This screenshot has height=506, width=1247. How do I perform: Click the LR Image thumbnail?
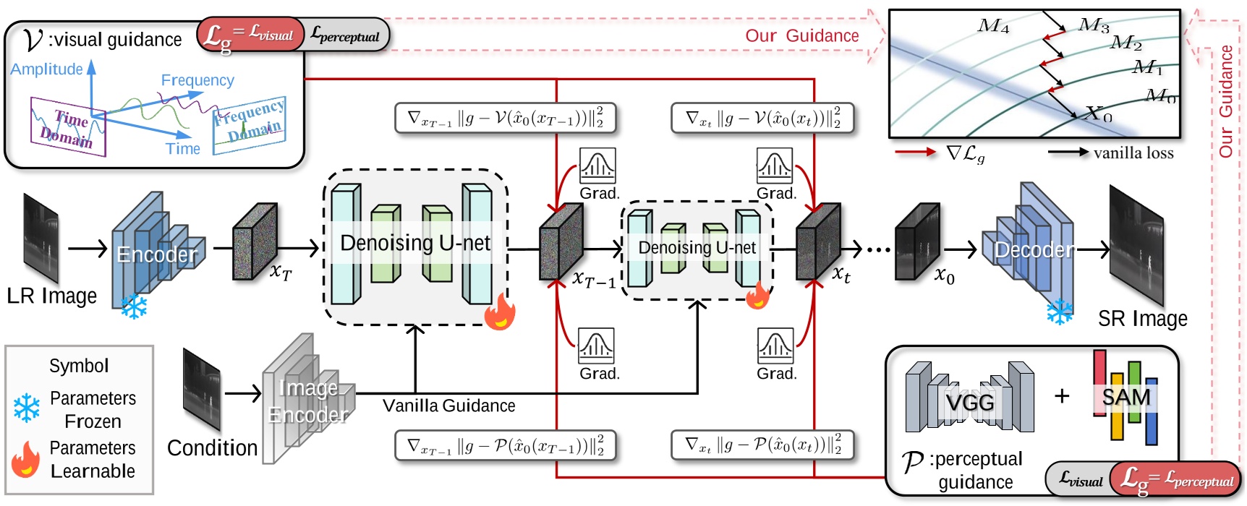[x=41, y=238]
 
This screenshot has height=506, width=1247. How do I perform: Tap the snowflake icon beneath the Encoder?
[x=134, y=306]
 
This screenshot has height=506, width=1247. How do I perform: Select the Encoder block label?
[x=156, y=254]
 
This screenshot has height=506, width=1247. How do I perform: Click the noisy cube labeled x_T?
[x=254, y=241]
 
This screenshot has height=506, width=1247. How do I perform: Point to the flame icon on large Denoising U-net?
[x=500, y=312]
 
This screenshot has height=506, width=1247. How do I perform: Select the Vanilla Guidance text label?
[x=448, y=406]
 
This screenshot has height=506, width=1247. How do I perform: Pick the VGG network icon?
[x=969, y=399]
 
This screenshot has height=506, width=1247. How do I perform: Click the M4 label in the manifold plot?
[x=993, y=27]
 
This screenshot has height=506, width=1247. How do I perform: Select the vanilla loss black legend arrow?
[x=1068, y=153]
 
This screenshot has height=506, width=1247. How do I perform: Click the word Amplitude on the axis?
[x=46, y=69]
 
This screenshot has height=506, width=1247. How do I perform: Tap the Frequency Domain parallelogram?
[x=249, y=126]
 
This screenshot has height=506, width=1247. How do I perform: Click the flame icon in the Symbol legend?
[x=26, y=460]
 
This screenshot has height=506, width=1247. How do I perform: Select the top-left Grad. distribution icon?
[x=597, y=166]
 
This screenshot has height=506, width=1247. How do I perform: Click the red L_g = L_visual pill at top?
[x=250, y=34]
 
